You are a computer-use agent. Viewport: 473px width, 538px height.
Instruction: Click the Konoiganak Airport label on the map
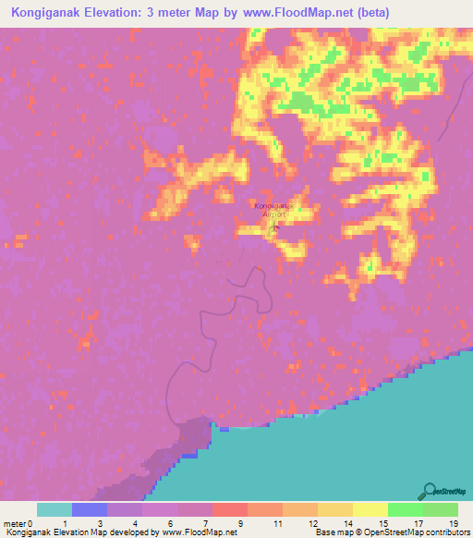click(273, 209)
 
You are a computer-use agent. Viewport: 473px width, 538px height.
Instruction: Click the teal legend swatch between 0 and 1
click(55, 509)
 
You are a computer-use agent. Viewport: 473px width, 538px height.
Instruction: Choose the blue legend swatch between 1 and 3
click(90, 509)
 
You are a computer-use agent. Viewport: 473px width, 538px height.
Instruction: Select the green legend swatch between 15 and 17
click(406, 509)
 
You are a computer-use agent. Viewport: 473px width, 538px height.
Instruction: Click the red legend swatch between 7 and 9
click(230, 509)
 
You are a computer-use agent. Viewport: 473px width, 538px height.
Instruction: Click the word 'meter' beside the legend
click(16, 522)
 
